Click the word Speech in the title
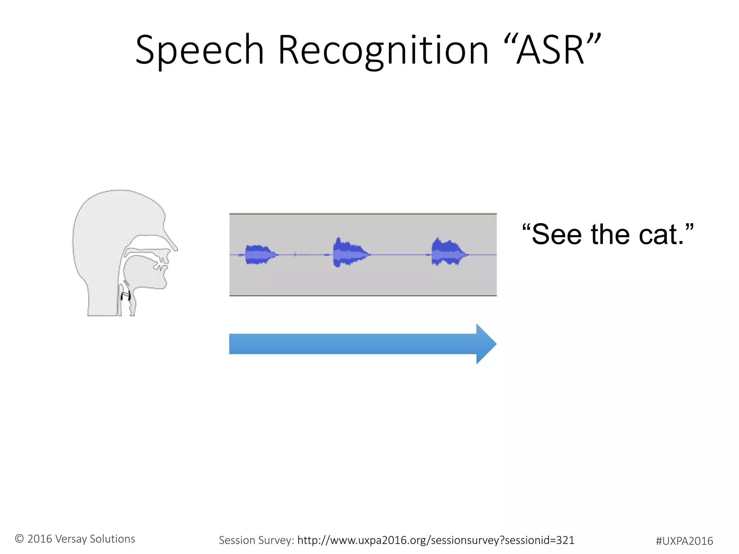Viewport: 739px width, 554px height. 200,50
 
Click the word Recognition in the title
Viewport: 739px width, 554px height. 383,50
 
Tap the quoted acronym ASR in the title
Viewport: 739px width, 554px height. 551,50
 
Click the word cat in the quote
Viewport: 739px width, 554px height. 657,235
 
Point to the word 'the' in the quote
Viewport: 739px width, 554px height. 610,235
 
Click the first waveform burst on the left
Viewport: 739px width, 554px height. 258,255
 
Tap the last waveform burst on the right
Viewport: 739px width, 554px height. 447,253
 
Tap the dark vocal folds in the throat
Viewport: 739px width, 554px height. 126,296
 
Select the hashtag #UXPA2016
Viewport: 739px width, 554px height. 684,541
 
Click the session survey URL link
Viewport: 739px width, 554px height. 436,540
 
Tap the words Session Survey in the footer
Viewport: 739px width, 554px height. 256,540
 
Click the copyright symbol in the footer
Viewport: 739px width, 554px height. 19,539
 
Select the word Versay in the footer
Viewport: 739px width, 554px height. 71,539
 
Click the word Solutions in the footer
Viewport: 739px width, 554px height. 112,539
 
